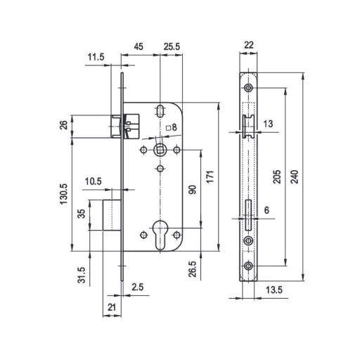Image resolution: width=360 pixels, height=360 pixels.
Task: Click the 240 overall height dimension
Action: (x=295, y=176)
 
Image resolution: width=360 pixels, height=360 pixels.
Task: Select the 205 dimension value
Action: (x=277, y=176)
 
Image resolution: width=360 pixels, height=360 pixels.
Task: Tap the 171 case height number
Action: (x=210, y=176)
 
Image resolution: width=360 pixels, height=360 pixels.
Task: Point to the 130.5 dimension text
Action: (x=64, y=194)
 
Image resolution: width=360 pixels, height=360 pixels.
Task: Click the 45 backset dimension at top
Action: (x=139, y=46)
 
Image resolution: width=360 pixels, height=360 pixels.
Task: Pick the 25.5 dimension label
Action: (x=172, y=46)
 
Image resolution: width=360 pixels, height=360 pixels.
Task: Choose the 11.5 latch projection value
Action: (x=96, y=57)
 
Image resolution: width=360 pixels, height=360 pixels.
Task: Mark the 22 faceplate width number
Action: (x=249, y=45)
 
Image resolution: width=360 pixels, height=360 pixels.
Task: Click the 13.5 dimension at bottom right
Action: (x=274, y=290)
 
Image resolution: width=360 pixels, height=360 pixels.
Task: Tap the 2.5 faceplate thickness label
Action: (x=137, y=287)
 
